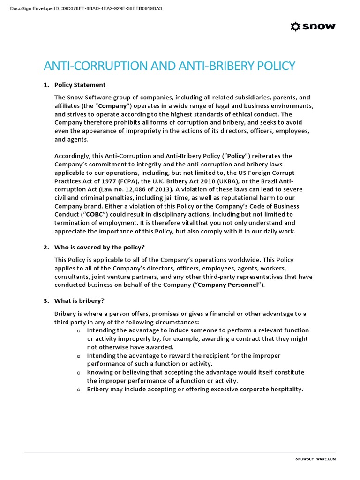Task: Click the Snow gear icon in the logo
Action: tap(296, 27)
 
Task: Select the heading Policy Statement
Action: tap(80, 85)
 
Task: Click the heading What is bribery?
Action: tap(78, 300)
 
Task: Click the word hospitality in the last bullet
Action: tap(285, 389)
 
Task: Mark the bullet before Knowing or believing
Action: tap(79, 373)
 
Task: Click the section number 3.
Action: tap(46, 300)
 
